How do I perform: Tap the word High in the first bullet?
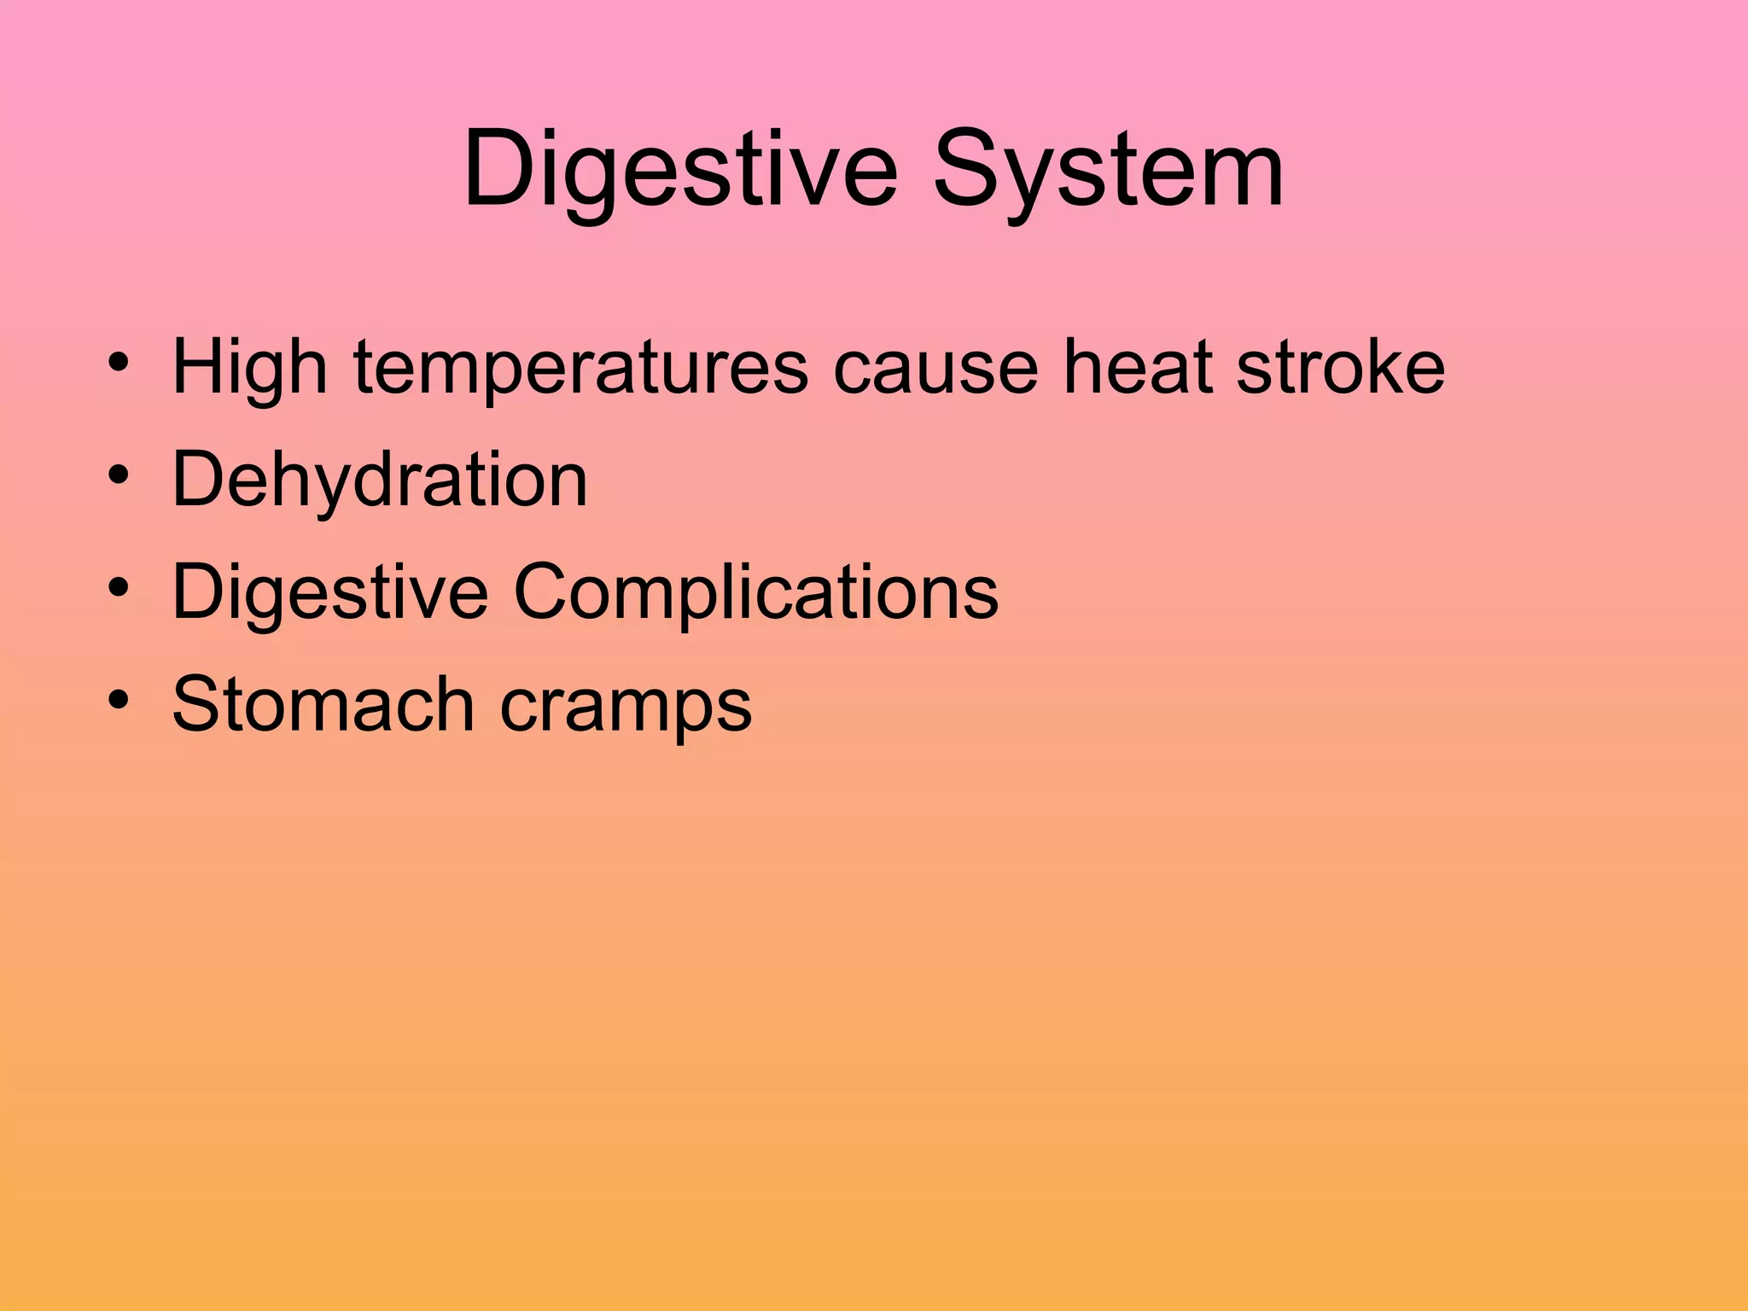[250, 369]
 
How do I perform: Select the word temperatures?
[580, 369]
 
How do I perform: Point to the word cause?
[935, 369]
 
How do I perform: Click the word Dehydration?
[380, 480]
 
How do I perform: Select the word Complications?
[755, 593]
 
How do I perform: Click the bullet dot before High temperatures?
[119, 362]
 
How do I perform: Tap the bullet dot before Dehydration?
[119, 475]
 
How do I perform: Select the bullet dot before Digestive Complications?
[119, 587]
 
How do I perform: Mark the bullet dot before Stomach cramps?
[119, 700]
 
